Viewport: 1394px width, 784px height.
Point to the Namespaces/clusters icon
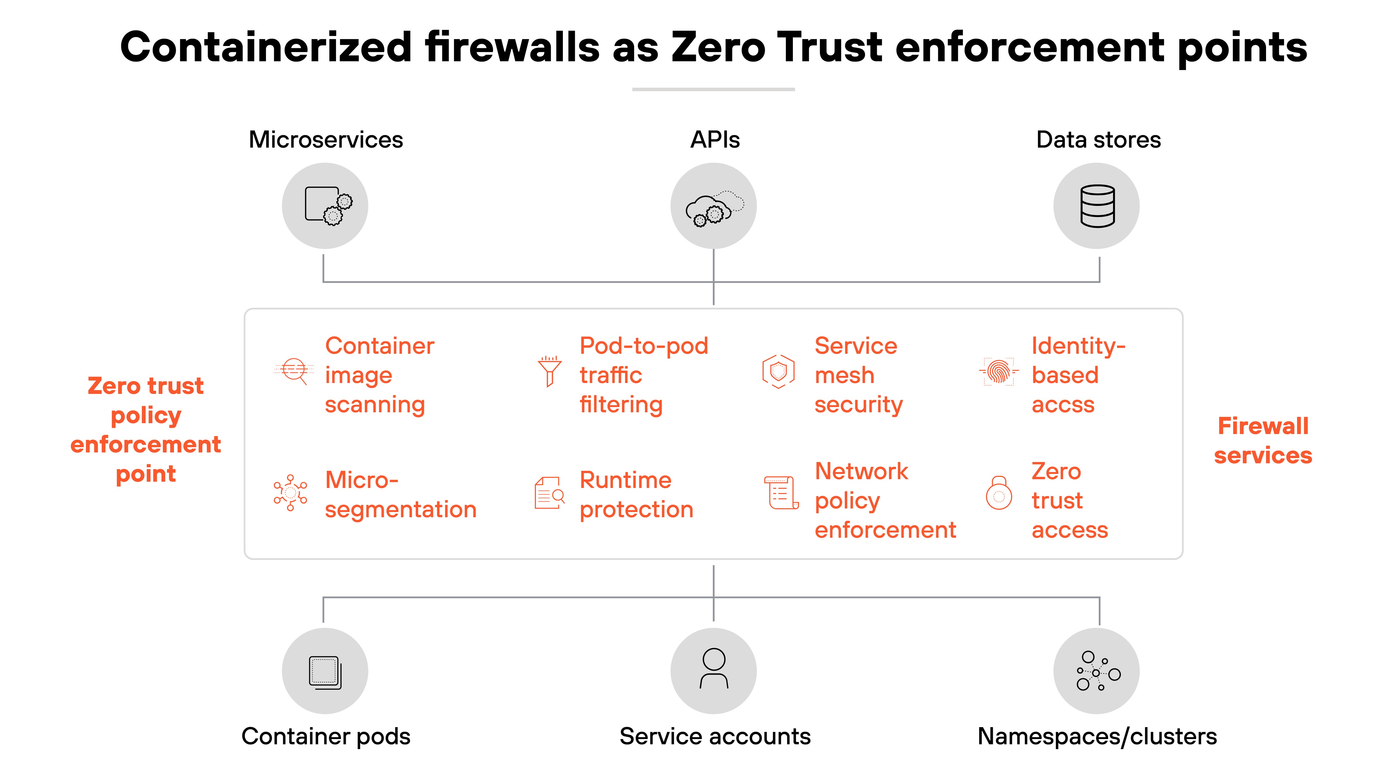[x=1096, y=671]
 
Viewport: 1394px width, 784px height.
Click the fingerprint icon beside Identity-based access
[x=998, y=372]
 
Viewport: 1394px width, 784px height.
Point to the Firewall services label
[x=1262, y=441]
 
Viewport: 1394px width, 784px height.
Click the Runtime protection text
[x=636, y=495]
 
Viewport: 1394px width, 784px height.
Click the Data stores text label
[x=1098, y=140]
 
